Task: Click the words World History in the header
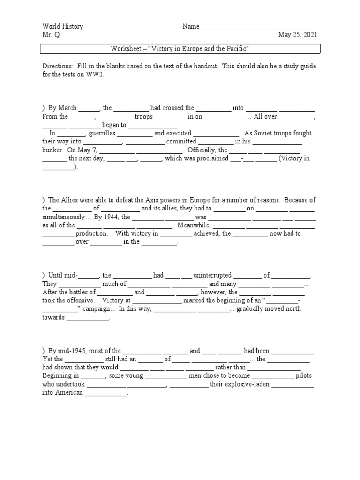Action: click(x=62, y=27)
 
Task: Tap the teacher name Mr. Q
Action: click(x=51, y=35)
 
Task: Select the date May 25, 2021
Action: click(x=298, y=35)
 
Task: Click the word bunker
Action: click(x=53, y=150)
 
